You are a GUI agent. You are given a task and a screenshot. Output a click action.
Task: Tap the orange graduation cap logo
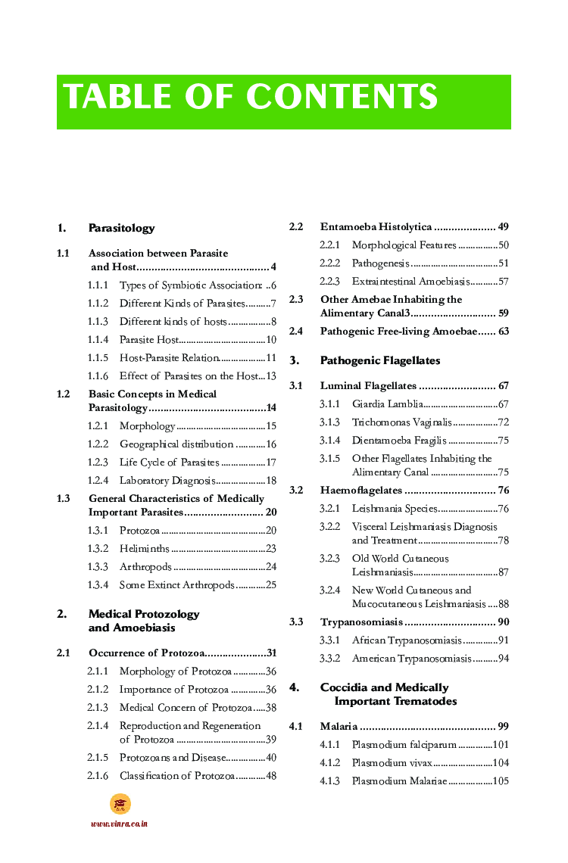[x=120, y=804]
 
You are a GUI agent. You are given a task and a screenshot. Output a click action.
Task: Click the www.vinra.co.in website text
[x=119, y=824]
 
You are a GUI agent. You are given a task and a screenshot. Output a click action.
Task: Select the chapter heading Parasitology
[x=121, y=228]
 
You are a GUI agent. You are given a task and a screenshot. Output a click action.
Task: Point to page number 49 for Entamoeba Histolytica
[x=503, y=227]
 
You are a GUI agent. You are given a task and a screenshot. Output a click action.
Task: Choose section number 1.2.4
[x=98, y=480]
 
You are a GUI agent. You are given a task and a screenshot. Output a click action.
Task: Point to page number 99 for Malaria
[x=503, y=727]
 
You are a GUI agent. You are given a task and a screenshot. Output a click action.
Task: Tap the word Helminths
[x=144, y=549]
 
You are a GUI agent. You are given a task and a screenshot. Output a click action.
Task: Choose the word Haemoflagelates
[x=360, y=491]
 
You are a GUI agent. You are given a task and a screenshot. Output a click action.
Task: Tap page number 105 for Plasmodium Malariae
[x=500, y=781]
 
